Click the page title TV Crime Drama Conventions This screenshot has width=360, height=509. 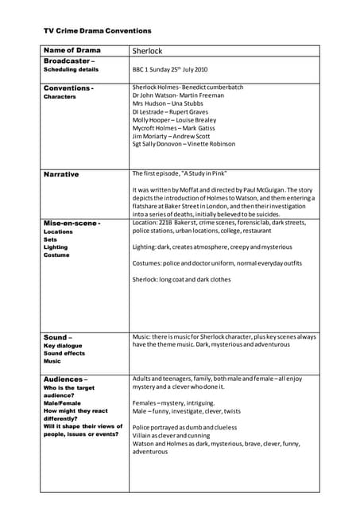pyautogui.click(x=97, y=30)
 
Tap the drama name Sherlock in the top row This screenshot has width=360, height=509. pyautogui.click(x=147, y=51)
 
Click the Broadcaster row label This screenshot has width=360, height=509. pyautogui.click(x=69, y=60)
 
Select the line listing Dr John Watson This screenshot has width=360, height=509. pyautogui.click(x=167, y=95)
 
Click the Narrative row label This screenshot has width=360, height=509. pyautogui.click(x=61, y=173)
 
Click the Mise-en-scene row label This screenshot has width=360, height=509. pyautogui.click(x=72, y=223)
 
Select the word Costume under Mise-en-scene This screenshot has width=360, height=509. pyautogui.click(x=56, y=255)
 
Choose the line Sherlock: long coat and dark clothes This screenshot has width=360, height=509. pyautogui.click(x=182, y=279)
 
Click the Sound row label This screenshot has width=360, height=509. pyautogui.click(x=58, y=337)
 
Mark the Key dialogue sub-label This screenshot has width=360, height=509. pyautogui.click(x=63, y=345)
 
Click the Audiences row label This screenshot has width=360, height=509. pyautogui.click(x=65, y=379)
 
